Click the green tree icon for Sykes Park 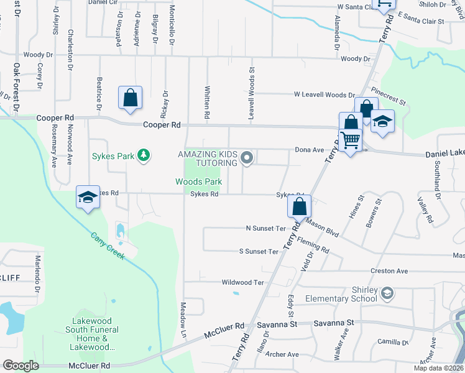point(144,155)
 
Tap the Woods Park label point(198,182)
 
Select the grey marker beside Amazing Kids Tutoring point(247,158)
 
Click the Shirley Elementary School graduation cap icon point(387,292)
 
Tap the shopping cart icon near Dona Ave point(350,140)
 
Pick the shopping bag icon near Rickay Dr point(130,98)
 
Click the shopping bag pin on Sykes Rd point(299,206)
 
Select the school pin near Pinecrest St point(382,121)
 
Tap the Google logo point(21,366)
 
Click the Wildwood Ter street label point(243,282)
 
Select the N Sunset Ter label point(265,229)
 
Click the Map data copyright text point(439,368)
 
